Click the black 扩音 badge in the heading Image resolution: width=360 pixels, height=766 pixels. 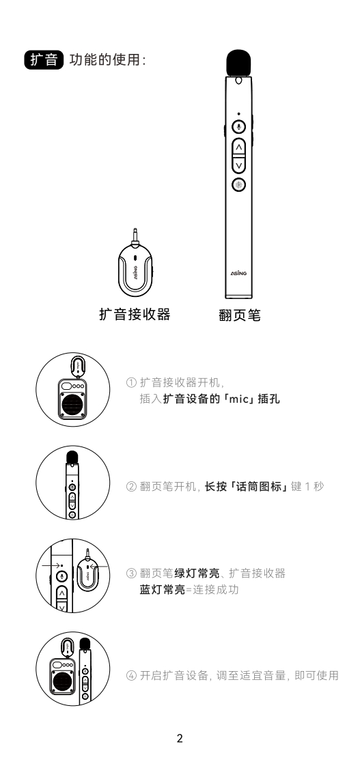click(44, 60)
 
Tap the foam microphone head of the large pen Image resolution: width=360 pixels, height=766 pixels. click(238, 63)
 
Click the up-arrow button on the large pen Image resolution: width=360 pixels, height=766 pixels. click(238, 147)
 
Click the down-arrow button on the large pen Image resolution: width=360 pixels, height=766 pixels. click(238, 165)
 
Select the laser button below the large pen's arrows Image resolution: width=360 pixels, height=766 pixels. click(238, 184)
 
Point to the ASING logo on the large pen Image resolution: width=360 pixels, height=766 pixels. click(238, 273)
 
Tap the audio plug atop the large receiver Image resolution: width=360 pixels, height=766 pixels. click(135, 236)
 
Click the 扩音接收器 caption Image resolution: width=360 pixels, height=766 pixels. click(135, 314)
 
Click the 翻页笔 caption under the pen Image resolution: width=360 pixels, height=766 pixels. click(240, 315)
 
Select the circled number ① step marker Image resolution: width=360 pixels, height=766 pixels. click(131, 382)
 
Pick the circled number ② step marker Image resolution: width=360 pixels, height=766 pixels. click(131, 487)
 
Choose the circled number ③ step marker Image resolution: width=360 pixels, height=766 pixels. click(131, 573)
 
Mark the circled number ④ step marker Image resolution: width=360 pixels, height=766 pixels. click(131, 676)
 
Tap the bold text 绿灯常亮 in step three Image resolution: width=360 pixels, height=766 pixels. click(197, 573)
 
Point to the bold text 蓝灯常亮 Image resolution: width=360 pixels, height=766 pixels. click(163, 590)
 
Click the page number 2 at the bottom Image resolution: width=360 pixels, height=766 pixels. click(180, 738)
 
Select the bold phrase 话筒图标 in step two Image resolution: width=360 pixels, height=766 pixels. click(259, 487)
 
